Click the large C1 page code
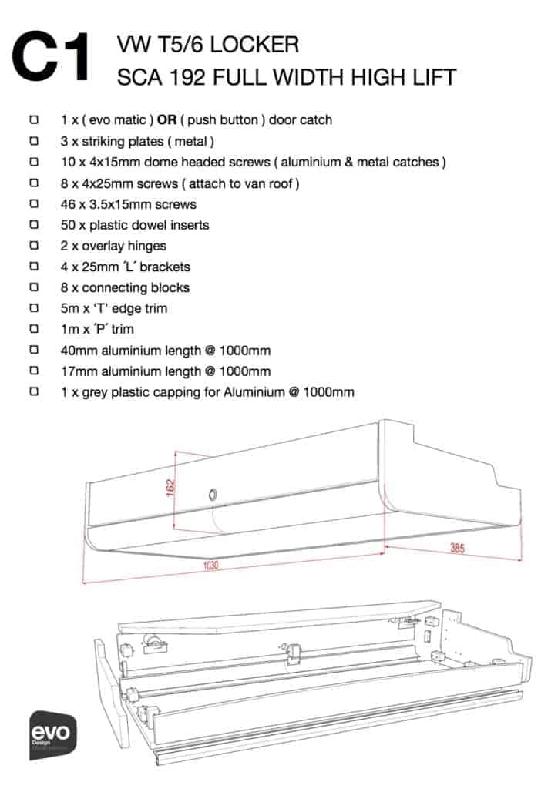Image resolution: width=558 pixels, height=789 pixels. point(55,57)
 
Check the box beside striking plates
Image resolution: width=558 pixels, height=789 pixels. point(33,142)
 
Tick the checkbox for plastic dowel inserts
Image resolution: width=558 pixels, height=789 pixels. point(33,225)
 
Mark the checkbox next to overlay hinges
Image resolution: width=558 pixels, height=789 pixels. point(33,246)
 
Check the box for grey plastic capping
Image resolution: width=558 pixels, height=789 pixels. point(33,391)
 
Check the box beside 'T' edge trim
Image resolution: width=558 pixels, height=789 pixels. point(33,308)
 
